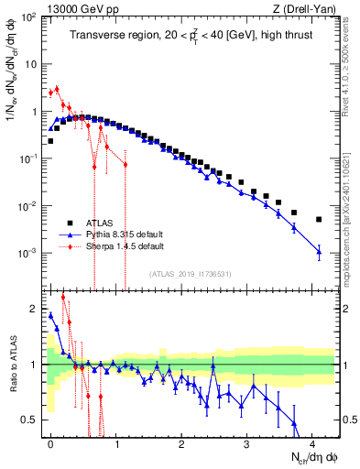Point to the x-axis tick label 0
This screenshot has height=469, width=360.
click(x=50, y=444)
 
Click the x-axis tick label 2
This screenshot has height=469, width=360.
click(x=181, y=444)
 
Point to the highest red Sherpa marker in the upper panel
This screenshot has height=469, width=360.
click(x=57, y=89)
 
